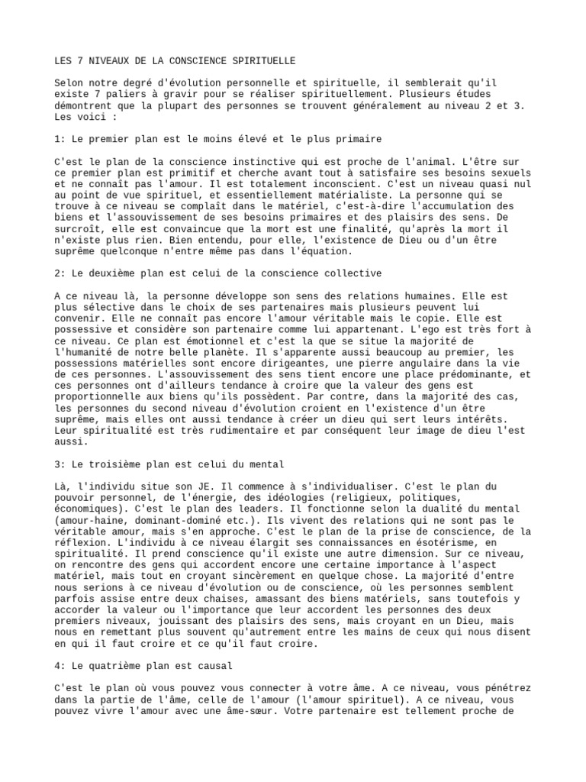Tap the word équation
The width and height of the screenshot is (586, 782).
click(327, 250)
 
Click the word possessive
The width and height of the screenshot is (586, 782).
click(85, 329)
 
